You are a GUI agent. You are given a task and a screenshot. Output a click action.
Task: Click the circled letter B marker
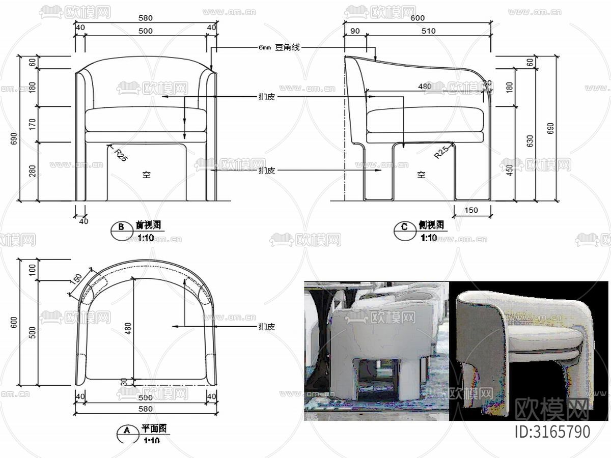121,227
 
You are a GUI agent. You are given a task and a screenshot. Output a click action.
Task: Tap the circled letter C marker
404,227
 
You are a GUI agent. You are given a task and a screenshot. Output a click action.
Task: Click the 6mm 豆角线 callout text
280,48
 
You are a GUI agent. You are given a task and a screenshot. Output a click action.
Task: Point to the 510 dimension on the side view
428,31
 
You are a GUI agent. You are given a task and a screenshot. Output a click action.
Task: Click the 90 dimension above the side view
355,31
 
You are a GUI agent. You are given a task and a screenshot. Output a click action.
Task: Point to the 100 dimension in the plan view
33,270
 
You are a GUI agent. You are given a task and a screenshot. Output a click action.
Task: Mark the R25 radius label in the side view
441,152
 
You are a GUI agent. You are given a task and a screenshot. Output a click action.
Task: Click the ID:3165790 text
552,432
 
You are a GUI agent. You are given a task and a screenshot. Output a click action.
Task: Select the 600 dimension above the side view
418,18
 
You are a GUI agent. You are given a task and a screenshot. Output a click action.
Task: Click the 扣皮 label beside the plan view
267,326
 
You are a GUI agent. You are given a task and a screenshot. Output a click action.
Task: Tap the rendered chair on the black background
524,346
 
